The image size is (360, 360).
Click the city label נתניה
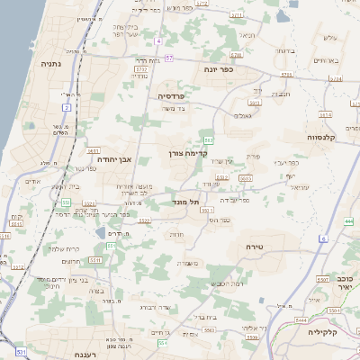point(51,64)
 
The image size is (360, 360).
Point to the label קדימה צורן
point(187,154)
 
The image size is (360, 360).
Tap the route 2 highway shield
point(67,107)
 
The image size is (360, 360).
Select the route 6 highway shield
point(322,238)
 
